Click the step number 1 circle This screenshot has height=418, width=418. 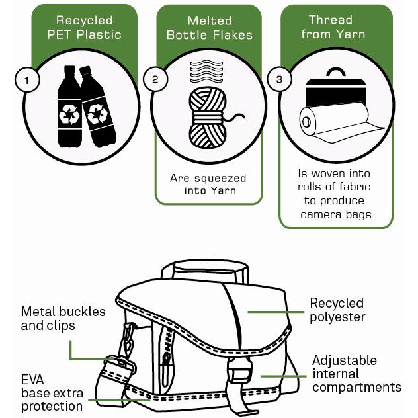click(x=26, y=81)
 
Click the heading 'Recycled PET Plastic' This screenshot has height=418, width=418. click(x=84, y=27)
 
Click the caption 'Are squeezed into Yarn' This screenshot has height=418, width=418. click(x=208, y=185)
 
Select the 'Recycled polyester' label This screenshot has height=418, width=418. click(x=337, y=310)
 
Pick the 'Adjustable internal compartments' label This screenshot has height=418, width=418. click(x=356, y=374)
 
